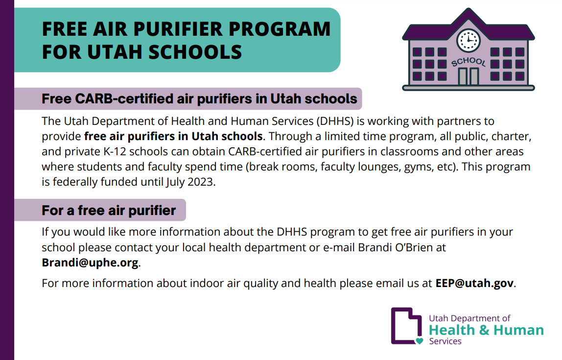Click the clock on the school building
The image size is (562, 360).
(x=468, y=39)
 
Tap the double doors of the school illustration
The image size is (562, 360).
(x=468, y=76)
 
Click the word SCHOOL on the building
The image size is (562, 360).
(x=468, y=62)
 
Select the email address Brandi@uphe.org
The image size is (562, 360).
(x=90, y=262)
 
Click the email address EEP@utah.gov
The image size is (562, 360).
(x=475, y=283)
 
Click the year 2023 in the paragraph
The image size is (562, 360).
(x=203, y=183)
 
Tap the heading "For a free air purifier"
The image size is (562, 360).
(x=109, y=211)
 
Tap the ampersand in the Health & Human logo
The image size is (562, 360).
(x=484, y=330)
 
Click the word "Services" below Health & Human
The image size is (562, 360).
(x=445, y=341)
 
